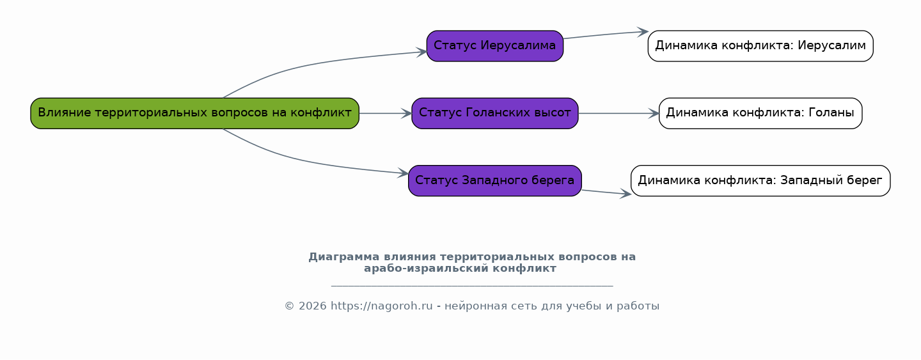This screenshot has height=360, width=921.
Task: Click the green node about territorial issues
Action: [195, 113]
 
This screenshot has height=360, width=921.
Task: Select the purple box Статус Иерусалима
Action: [494, 46]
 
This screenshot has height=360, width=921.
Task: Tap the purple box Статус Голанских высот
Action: [494, 113]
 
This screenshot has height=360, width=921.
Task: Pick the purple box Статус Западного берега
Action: [494, 181]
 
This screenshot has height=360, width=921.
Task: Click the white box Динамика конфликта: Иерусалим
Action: [760, 46]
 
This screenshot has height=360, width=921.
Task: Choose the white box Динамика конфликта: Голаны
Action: [760, 113]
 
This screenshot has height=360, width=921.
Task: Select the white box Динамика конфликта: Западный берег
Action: [760, 181]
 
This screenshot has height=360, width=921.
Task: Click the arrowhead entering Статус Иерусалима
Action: [422, 52]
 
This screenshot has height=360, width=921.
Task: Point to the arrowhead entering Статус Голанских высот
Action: [407, 113]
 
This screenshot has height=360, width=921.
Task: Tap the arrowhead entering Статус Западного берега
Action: [404, 173]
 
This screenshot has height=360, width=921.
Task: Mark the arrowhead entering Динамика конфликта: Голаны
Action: [654, 113]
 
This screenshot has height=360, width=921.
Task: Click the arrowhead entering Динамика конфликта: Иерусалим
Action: [643, 32]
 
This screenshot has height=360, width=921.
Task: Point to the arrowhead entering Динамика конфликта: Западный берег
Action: [626, 194]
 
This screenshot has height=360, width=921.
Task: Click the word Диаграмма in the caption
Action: [343, 257]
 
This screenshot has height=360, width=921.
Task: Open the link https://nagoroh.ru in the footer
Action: [382, 306]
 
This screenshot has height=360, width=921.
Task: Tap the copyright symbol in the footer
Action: [290, 306]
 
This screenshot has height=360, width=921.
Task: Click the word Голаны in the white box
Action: [831, 113]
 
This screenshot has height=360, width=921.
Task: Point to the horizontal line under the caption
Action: [472, 285]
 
